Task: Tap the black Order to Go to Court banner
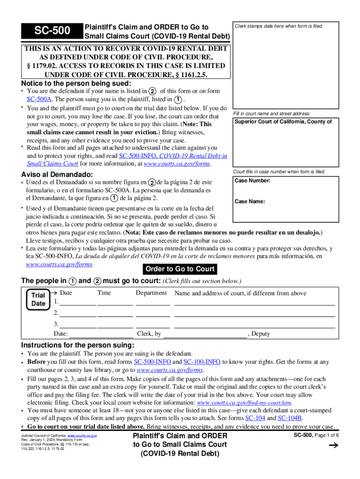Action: pos(180,269)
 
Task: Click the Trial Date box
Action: pos(38,299)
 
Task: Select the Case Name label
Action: pos(250,202)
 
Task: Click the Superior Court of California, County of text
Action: pos(283,122)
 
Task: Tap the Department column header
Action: pos(151,293)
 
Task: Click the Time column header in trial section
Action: pos(104,293)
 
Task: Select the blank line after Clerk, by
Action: pos(205,334)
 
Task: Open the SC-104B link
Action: pos(290,418)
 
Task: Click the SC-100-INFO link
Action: pos(202,362)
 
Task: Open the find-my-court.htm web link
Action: pos(245,402)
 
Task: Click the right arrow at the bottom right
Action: pos(333,446)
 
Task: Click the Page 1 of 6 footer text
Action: pos(325,435)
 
